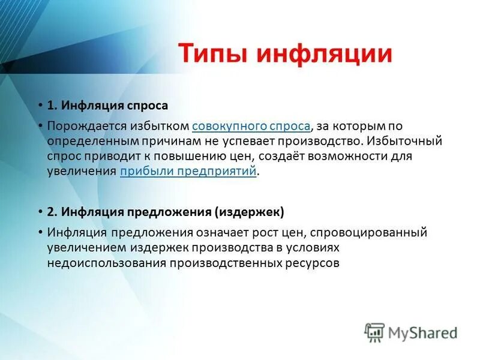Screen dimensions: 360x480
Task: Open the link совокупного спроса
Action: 251,126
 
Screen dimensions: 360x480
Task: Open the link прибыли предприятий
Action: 188,171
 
